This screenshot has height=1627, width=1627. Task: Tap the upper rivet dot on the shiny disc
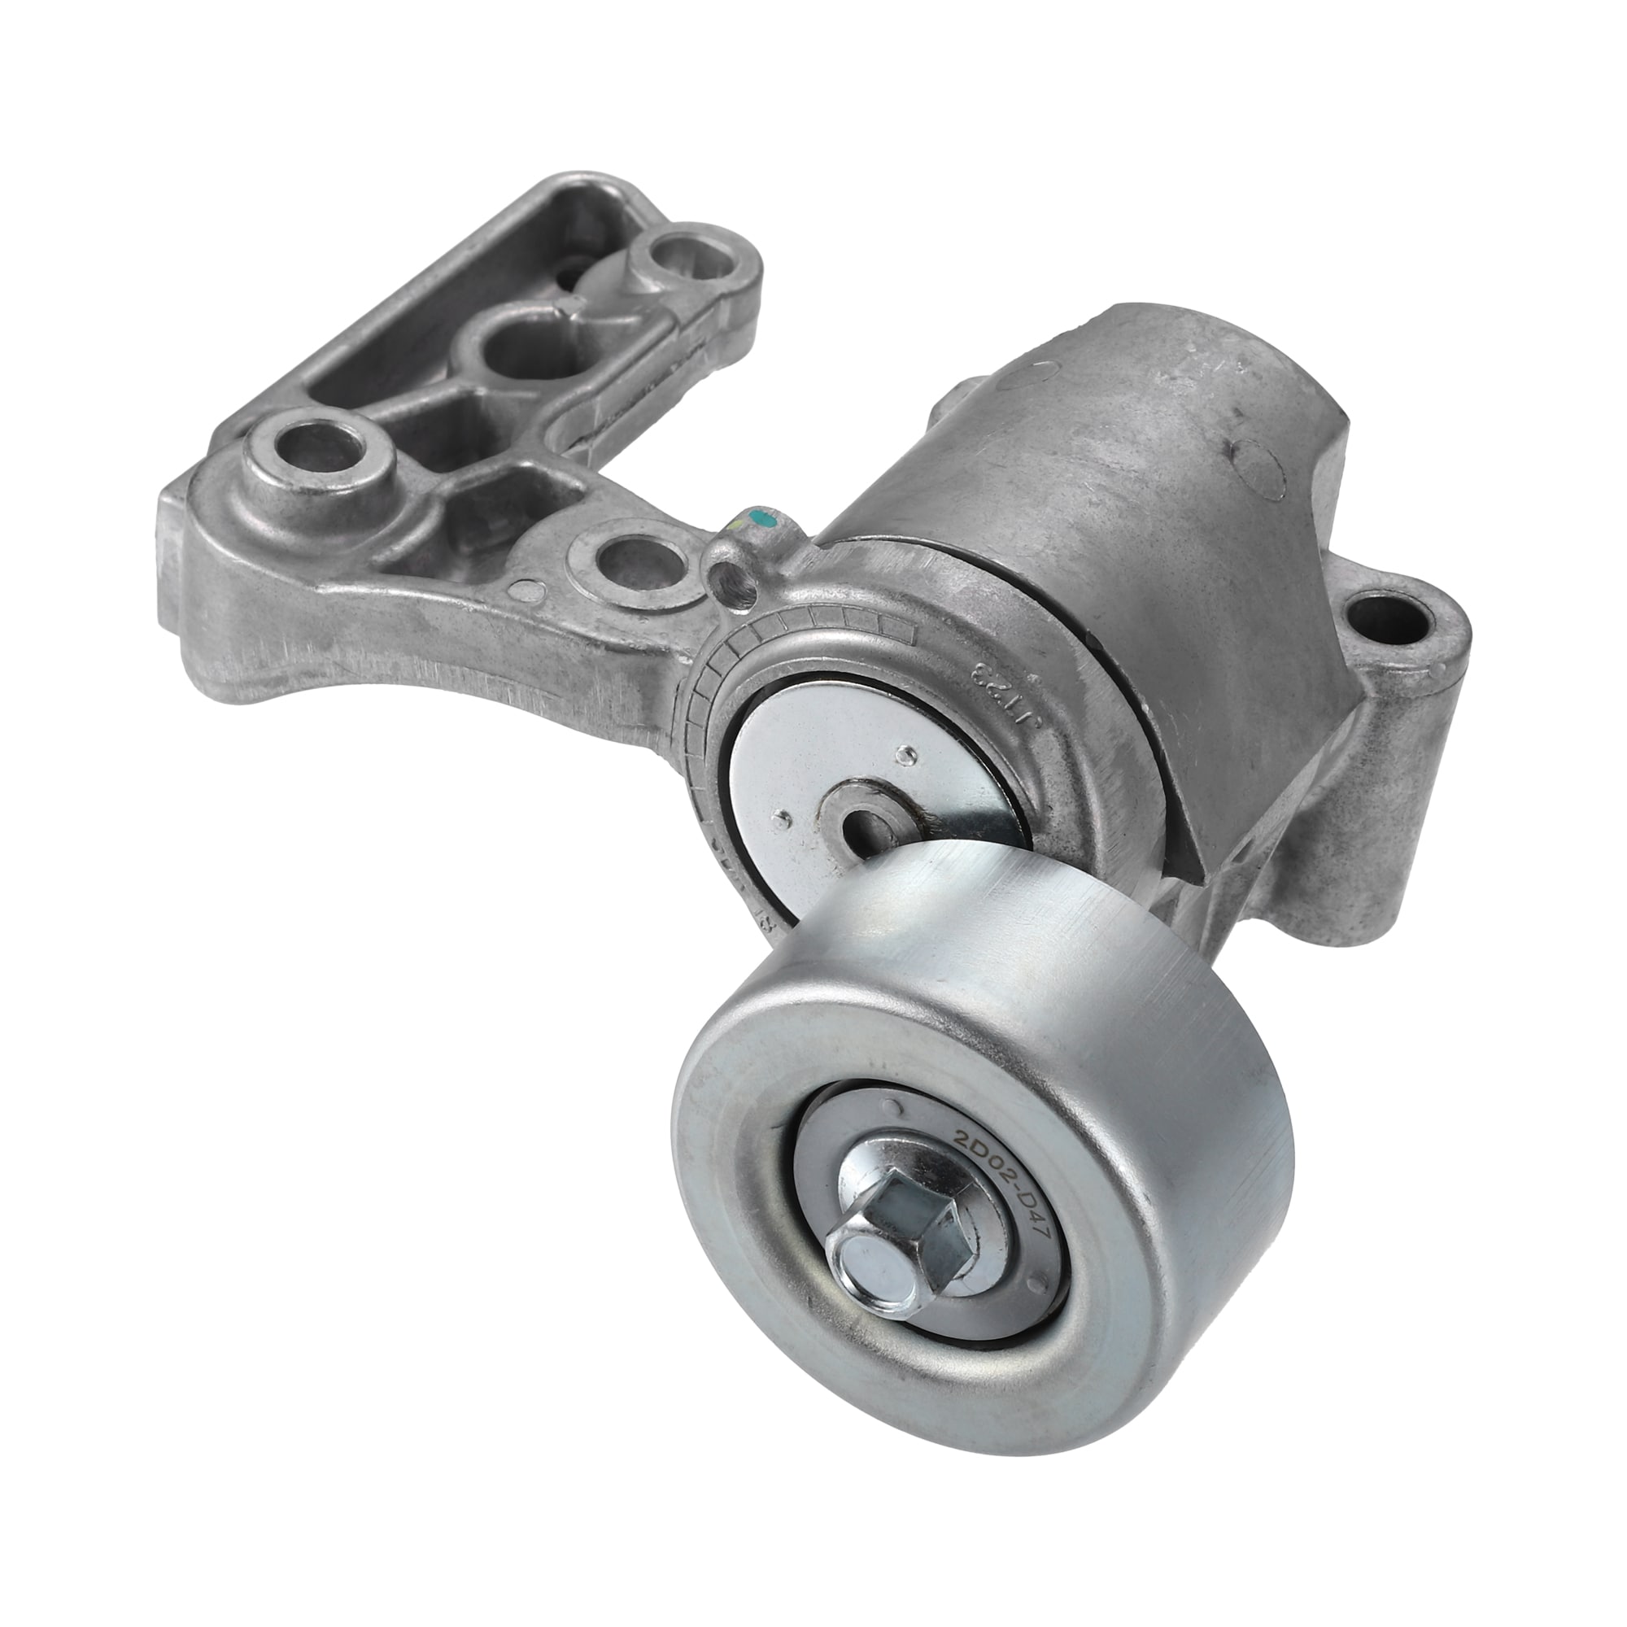click(909, 726)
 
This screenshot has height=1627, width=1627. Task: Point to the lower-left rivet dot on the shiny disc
click(784, 814)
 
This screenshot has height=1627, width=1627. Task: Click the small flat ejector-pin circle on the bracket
click(528, 591)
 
